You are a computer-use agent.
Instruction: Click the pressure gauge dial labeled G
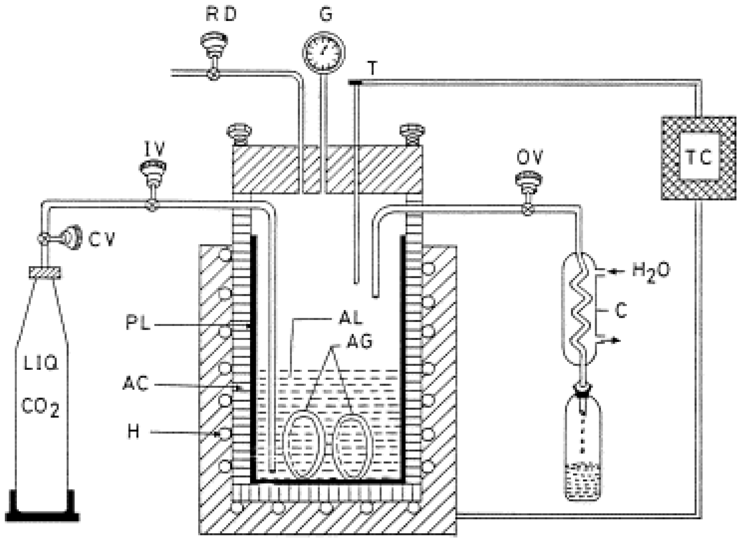click(x=323, y=52)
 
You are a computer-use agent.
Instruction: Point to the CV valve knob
click(x=74, y=237)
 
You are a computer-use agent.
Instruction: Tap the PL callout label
click(x=138, y=324)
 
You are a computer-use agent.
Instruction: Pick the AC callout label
click(x=136, y=383)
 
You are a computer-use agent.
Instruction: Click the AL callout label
click(x=350, y=317)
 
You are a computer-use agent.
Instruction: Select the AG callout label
click(x=360, y=341)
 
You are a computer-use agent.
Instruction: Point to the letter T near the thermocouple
click(x=372, y=69)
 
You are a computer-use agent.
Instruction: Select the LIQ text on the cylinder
click(x=41, y=364)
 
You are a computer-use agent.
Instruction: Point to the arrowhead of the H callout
click(x=219, y=433)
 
